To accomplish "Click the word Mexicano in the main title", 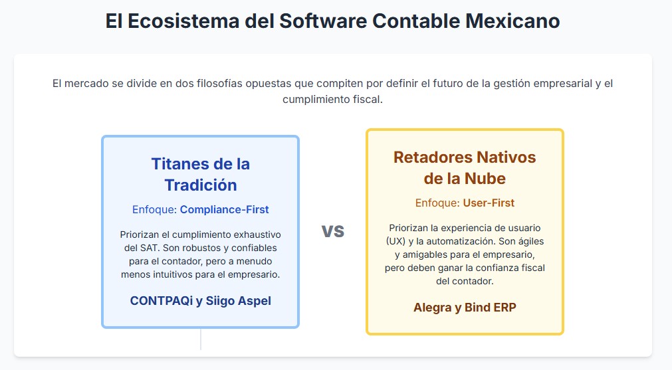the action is pos(512,21).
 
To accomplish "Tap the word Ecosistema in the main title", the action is pos(183,21).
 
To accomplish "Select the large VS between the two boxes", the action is pos(333,231).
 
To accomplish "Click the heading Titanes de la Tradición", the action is pos(201,174).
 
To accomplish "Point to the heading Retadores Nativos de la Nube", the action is pos(465,167).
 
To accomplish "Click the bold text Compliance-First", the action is pos(224,209).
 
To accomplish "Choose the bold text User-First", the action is pos(489,203).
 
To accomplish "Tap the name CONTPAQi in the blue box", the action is pos(162,301).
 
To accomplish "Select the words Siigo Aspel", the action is pos(238,301).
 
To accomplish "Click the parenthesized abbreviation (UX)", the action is pos(395,241).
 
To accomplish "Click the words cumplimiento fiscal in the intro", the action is pos(332,100).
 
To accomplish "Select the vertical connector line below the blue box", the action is pos(201,339).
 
